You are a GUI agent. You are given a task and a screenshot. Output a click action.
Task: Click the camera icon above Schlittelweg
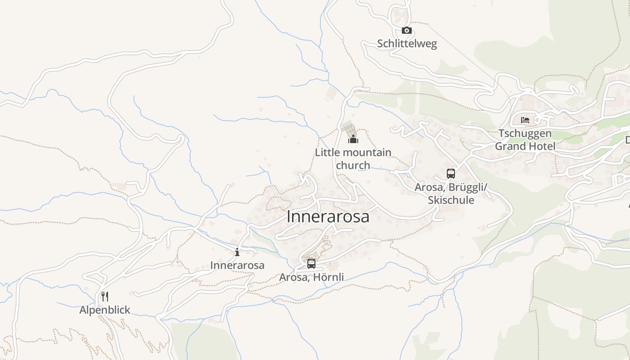point(407,31)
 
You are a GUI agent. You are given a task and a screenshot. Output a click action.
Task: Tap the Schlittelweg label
point(407,44)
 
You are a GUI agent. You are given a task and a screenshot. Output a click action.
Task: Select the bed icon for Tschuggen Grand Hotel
point(525,120)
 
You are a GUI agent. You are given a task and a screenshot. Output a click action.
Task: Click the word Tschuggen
point(525,134)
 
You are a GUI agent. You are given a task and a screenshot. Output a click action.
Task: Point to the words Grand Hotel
point(525,146)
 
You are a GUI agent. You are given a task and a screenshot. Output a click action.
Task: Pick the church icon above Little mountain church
point(353,139)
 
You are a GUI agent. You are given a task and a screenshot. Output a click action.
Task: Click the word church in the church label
point(353,165)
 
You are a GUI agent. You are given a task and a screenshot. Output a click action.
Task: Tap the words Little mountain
point(353,153)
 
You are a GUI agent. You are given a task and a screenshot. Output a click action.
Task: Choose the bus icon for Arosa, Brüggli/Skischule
point(451,174)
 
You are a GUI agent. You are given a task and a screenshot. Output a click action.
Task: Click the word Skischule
point(451,200)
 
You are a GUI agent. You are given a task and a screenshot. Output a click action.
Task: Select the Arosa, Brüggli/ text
point(451,187)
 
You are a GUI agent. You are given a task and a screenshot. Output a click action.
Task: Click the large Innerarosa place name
point(328,216)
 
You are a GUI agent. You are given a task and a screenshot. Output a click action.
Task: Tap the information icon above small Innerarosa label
point(237,252)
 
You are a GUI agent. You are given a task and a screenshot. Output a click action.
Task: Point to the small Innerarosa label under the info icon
point(237,265)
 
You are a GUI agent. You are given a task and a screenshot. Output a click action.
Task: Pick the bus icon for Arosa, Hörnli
point(311,264)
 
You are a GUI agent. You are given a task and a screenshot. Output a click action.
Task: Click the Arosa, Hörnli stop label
point(311,277)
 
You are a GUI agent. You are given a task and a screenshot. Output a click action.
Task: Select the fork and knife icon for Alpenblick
point(105,296)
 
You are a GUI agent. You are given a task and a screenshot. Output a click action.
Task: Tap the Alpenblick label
point(105,310)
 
